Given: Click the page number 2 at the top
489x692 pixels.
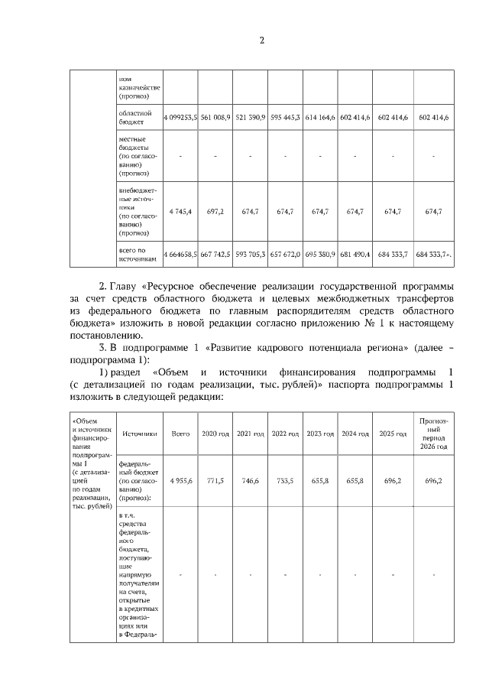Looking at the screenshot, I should click(261, 41).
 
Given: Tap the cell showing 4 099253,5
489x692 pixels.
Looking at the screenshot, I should click(180, 117).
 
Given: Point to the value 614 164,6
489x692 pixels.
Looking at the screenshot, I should click(320, 117).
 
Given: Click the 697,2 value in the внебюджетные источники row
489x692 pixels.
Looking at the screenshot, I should click(215, 211).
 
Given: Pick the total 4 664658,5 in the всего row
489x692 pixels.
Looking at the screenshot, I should click(180, 253).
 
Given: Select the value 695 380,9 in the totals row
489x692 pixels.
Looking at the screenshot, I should click(320, 253).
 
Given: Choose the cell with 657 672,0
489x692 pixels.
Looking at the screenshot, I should click(286, 253).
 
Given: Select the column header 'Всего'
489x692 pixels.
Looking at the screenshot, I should click(180, 434).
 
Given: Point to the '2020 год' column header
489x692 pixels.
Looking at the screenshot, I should click(215, 434).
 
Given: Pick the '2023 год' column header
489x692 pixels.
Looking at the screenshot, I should click(320, 434).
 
